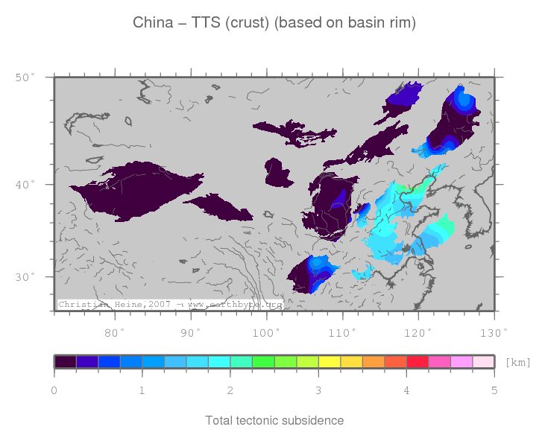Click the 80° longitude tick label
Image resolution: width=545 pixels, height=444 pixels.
pos(116,332)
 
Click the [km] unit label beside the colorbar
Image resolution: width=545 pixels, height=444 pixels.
pos(517,363)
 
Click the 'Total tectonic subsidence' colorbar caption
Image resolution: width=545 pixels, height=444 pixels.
pos(274,421)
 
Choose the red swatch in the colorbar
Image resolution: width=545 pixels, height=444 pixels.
pos(417,361)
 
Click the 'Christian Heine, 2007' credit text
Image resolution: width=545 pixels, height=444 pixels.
pos(116,305)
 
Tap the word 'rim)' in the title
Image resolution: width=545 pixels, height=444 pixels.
pos(400,23)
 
